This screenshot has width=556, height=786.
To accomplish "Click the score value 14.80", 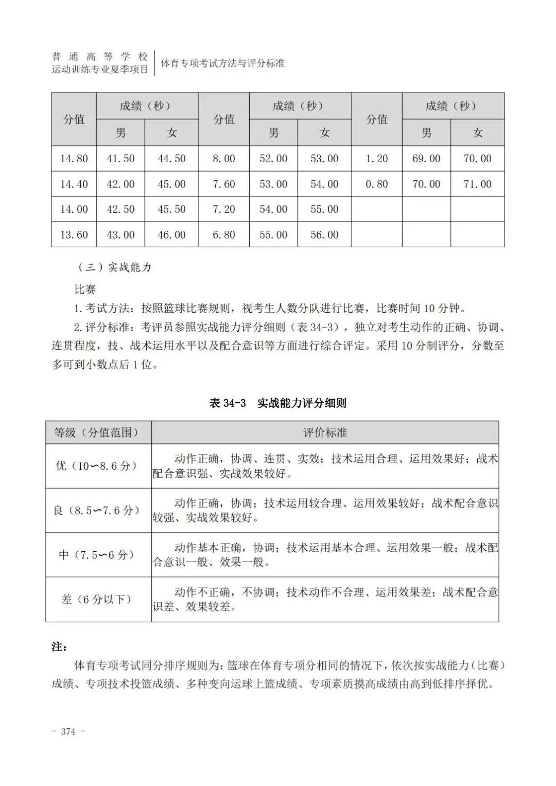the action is [x=74, y=159].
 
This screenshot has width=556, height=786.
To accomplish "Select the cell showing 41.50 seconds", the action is [x=120, y=159].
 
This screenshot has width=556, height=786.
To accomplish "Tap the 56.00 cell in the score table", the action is [x=324, y=235].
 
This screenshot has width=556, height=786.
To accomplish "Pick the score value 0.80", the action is [x=376, y=184].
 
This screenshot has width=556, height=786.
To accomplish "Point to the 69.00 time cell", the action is [x=426, y=159].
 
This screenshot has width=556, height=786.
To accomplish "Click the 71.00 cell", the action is [x=477, y=184].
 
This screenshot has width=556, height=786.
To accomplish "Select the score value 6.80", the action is [x=224, y=235].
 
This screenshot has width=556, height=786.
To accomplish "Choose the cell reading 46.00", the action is [x=171, y=235].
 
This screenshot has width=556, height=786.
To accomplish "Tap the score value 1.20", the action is [x=376, y=159].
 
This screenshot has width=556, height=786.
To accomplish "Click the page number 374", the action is [x=68, y=731].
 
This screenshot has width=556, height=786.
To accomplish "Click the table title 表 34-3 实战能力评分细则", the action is [x=277, y=403].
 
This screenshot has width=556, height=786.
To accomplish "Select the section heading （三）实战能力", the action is [x=114, y=267].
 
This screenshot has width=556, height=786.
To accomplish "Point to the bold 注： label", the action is [x=59, y=646].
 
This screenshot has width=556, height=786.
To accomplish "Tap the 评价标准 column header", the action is [x=325, y=433].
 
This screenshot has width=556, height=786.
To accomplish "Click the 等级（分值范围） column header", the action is [x=98, y=433].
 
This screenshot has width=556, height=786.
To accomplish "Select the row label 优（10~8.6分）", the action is [x=98, y=466].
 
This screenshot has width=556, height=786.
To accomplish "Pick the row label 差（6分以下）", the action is [x=98, y=600].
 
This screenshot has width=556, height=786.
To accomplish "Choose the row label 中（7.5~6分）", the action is [x=98, y=555].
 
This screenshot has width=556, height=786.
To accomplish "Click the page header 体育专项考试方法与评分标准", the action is [x=223, y=63].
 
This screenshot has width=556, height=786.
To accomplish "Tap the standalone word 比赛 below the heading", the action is [x=85, y=289].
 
